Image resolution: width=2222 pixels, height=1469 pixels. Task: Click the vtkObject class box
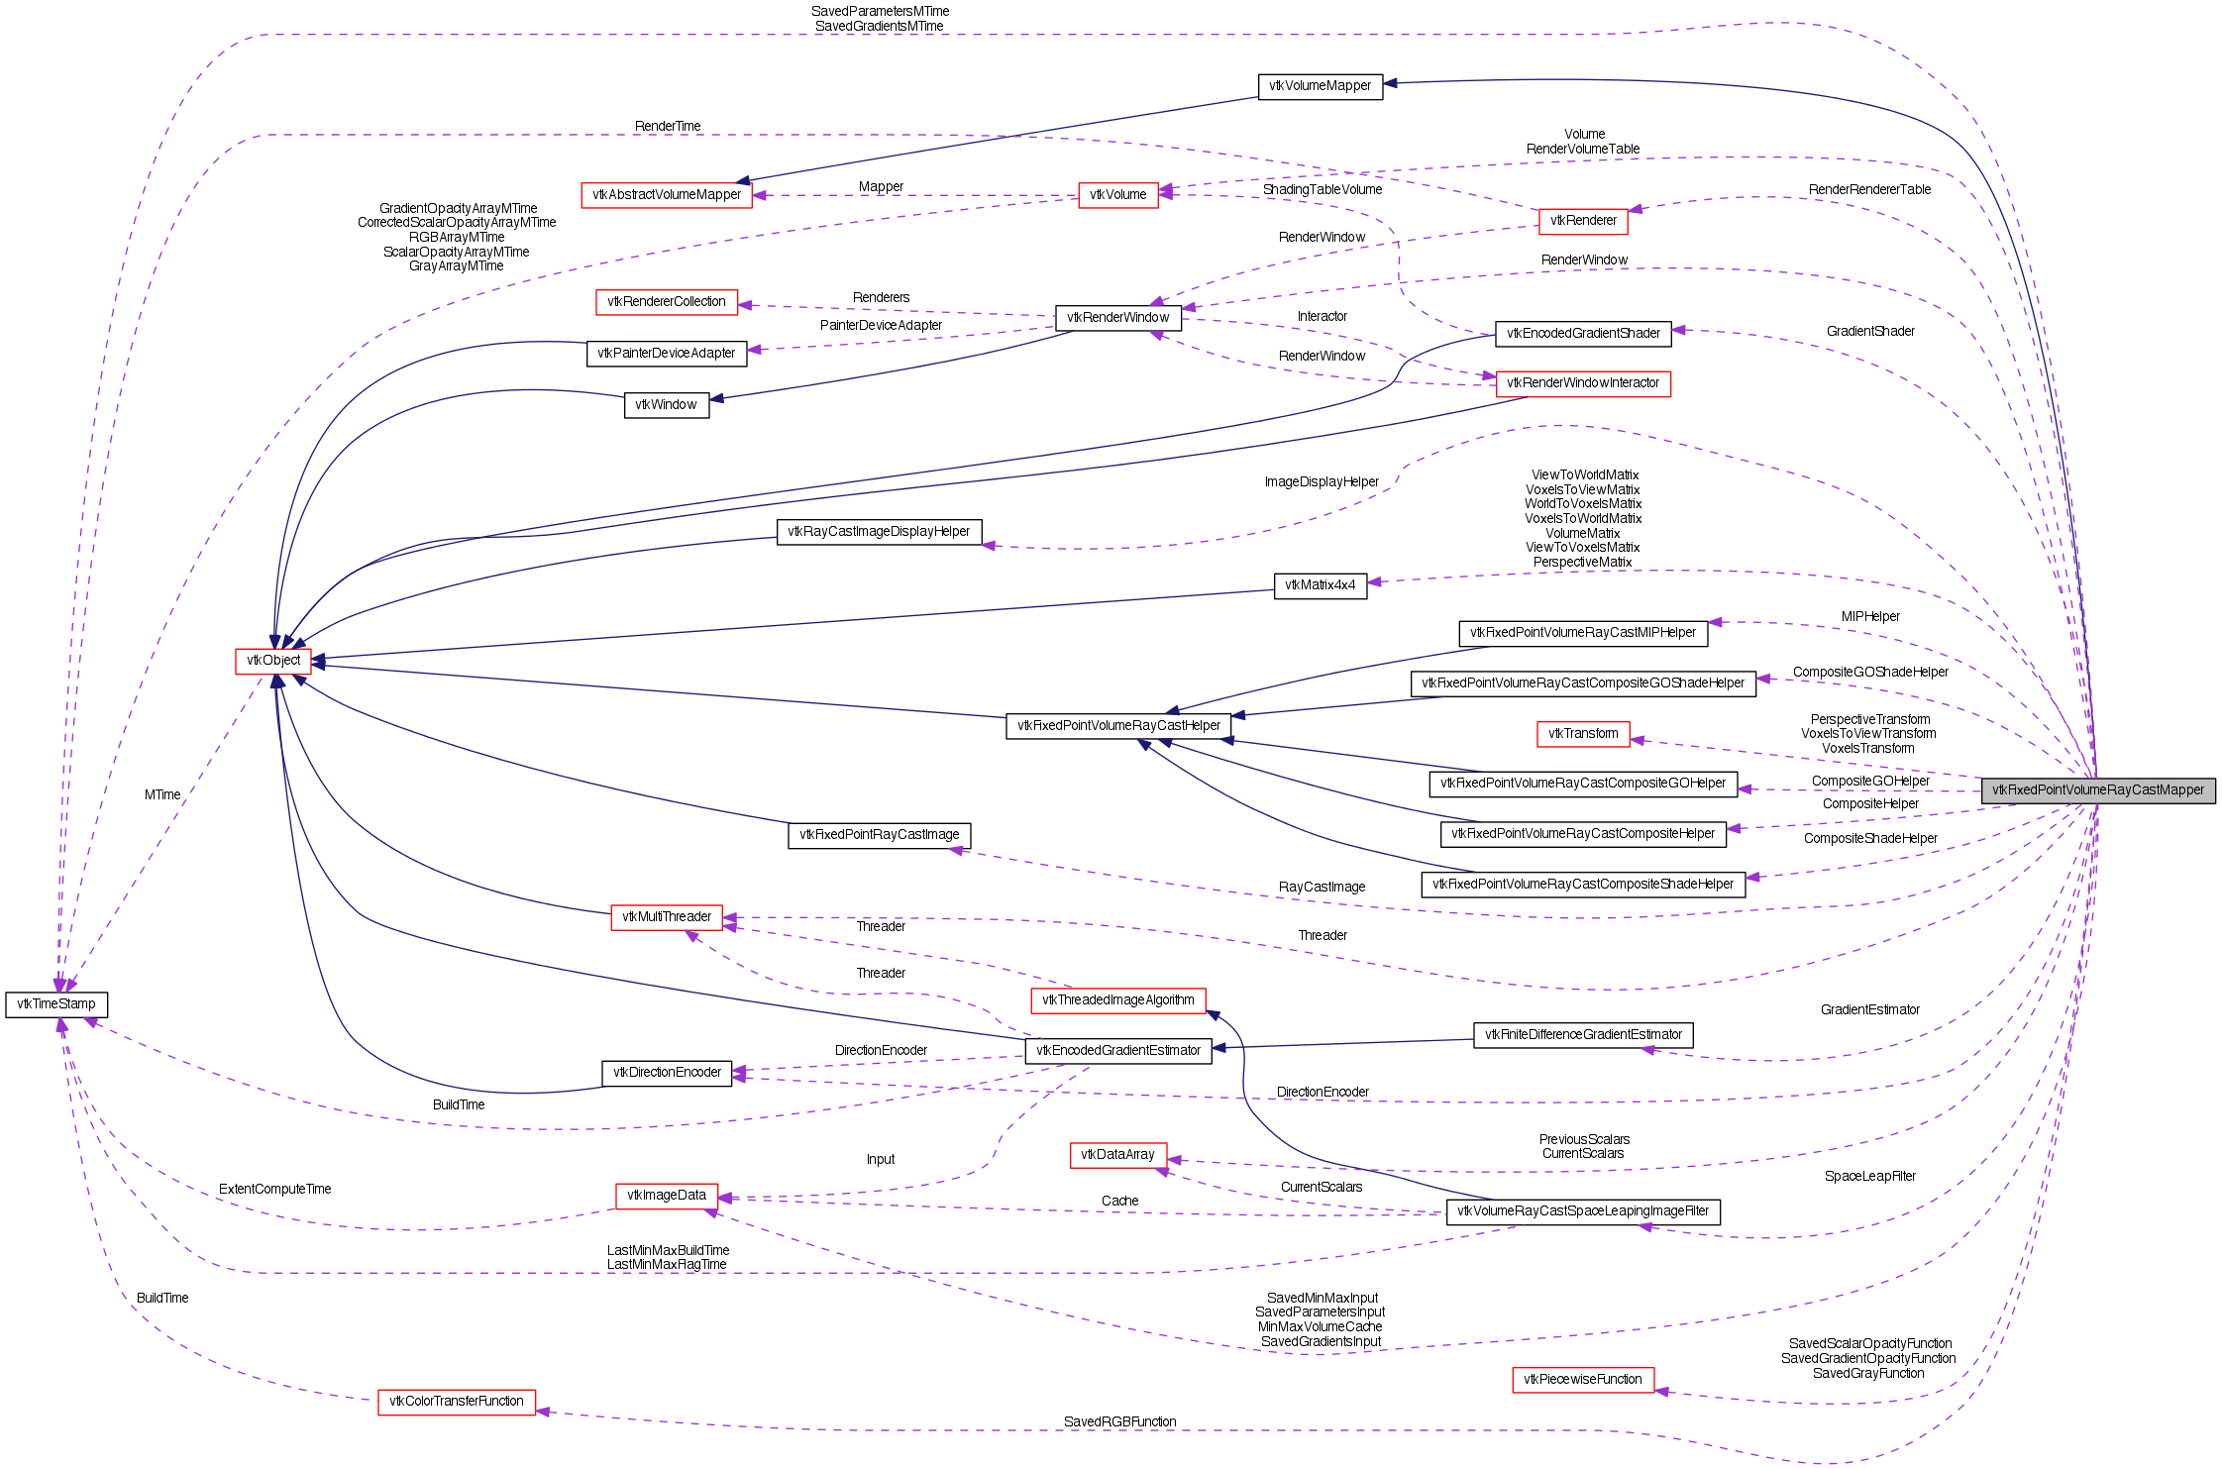pos(273,661)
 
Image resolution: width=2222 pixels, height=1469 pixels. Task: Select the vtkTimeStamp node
pos(56,1004)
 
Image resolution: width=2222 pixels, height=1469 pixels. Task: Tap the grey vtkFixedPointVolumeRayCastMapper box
pos(2098,790)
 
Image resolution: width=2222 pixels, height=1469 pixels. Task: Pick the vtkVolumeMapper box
pos(1320,86)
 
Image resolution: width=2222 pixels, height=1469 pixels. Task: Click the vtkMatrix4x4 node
pos(1320,585)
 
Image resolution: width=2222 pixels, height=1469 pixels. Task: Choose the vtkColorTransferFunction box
pos(457,1402)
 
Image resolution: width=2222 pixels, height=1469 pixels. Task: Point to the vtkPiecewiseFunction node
pos(1582,1380)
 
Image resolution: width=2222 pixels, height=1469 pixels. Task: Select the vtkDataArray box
pos(1117,1155)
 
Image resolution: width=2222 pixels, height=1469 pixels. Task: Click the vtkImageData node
pos(666,1196)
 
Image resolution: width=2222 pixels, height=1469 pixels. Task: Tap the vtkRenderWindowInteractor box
pos(1582,383)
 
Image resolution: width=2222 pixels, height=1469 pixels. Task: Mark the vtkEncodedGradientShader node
pos(1583,334)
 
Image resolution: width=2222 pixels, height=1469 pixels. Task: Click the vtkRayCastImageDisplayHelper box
pos(879,532)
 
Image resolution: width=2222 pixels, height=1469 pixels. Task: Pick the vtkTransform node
pos(1583,734)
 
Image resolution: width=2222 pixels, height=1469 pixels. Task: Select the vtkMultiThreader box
pos(667,917)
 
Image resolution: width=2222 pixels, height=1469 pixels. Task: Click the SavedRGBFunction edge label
pos(1119,1421)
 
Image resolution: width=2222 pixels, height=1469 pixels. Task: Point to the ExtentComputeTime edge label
pos(274,1189)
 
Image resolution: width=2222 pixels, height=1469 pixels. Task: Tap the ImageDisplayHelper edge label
pos(1322,482)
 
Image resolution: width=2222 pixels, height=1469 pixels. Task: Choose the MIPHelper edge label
pos(1870,616)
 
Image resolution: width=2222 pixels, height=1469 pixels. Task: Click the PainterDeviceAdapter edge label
pos(881,325)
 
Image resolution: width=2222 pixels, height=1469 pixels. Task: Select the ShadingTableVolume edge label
pos(1322,190)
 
